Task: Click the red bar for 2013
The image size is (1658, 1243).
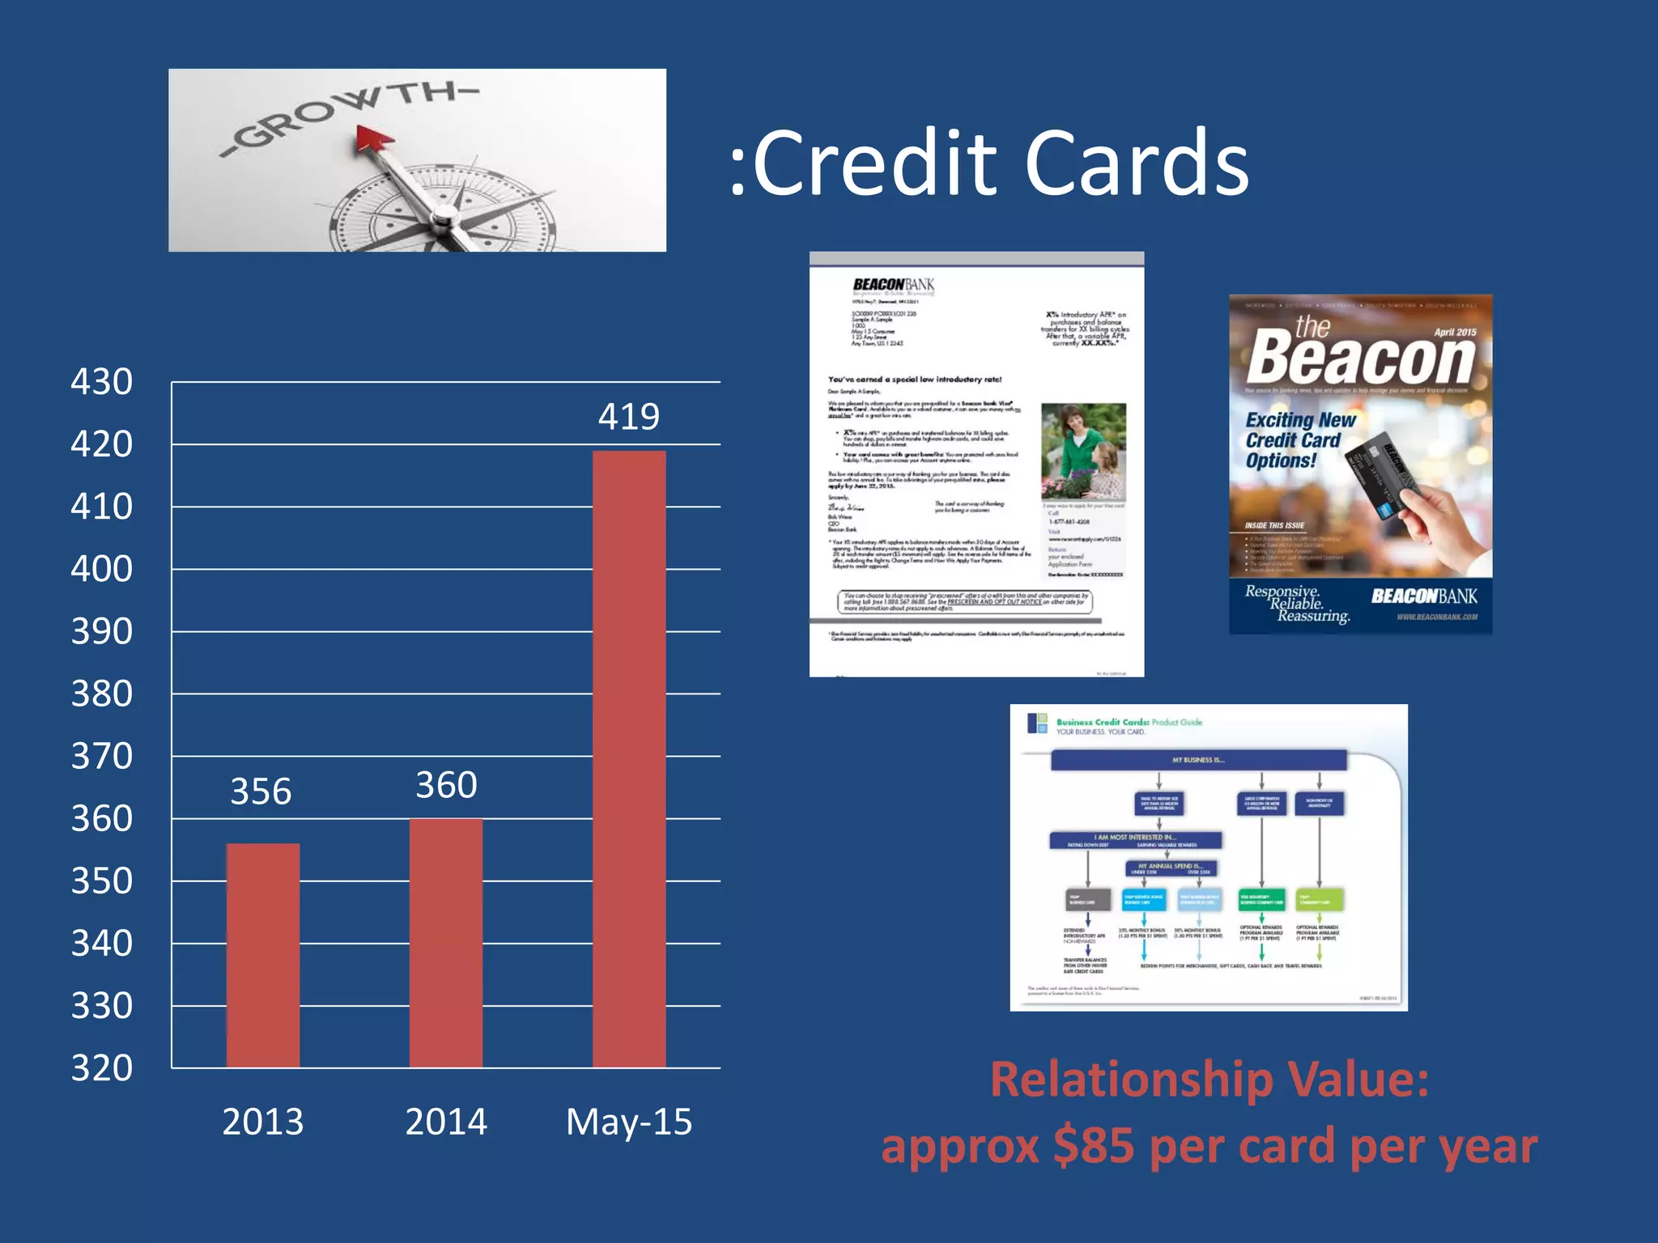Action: pyautogui.click(x=262, y=955)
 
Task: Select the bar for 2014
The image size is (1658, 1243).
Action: pyautogui.click(x=446, y=943)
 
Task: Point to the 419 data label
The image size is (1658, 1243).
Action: pyautogui.click(x=629, y=417)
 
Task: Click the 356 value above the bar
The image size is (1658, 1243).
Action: pyautogui.click(x=261, y=791)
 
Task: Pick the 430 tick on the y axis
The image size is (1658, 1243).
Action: pyautogui.click(x=101, y=382)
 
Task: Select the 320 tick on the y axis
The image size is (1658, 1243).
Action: pyautogui.click(x=101, y=1068)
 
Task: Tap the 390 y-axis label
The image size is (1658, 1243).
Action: pyautogui.click(x=101, y=631)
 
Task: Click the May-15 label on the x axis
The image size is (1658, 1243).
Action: pyautogui.click(x=629, y=1122)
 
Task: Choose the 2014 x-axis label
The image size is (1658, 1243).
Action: pyautogui.click(x=446, y=1122)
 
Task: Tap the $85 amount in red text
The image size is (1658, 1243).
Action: pyautogui.click(x=1093, y=1147)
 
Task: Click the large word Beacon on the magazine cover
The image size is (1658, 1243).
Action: pyautogui.click(x=1360, y=358)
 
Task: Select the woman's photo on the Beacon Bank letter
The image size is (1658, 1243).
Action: pyautogui.click(x=1082, y=452)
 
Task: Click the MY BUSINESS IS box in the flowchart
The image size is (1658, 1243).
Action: pyautogui.click(x=1198, y=760)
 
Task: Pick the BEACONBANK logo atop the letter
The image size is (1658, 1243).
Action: pyautogui.click(x=893, y=285)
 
